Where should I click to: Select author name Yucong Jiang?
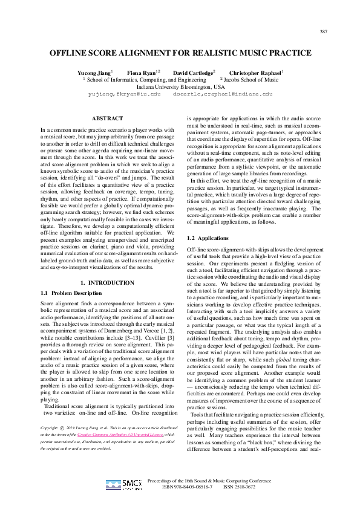[94, 72]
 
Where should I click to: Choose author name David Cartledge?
[193, 72]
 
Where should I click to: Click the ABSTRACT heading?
[106, 118]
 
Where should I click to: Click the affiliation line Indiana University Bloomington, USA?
[180, 86]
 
